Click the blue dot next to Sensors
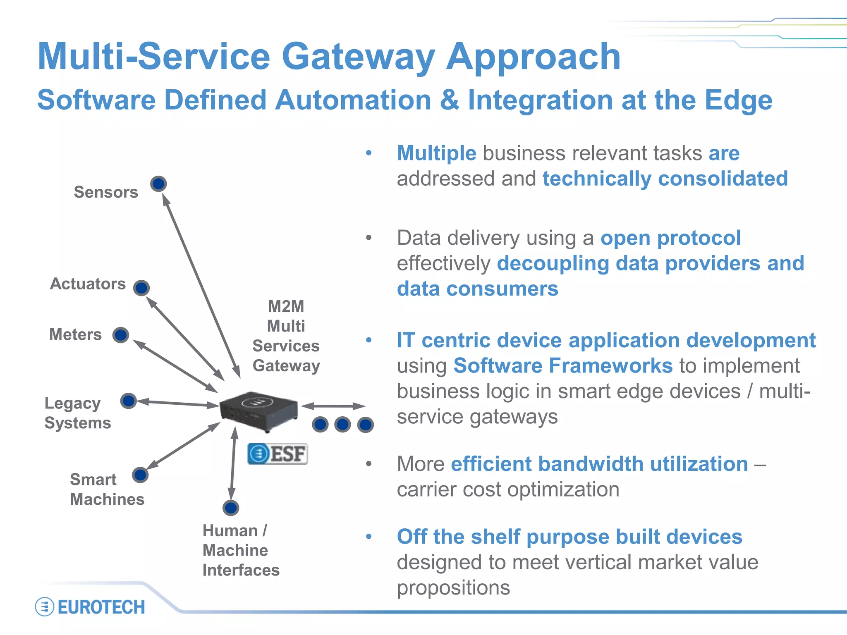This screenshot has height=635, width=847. (158, 184)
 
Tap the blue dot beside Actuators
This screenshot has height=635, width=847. (141, 288)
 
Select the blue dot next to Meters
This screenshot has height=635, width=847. (121, 335)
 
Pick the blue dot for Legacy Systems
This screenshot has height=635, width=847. (129, 401)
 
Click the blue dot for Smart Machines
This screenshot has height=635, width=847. (140, 475)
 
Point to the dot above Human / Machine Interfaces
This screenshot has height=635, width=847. (231, 508)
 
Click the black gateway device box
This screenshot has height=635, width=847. (259, 411)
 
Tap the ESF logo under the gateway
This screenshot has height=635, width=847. (278, 454)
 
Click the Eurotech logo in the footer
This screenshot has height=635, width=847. (90, 607)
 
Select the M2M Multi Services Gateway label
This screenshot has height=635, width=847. (286, 336)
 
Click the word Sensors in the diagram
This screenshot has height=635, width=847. (106, 192)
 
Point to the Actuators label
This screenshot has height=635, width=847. (88, 284)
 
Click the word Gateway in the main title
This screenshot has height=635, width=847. (358, 57)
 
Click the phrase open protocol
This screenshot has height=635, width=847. (670, 238)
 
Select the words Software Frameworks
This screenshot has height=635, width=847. (563, 366)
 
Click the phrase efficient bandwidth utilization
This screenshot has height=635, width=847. (599, 464)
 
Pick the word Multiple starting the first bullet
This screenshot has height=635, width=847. (437, 153)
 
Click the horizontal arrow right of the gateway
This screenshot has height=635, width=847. (333, 406)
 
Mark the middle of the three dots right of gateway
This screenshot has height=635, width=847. (343, 425)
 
